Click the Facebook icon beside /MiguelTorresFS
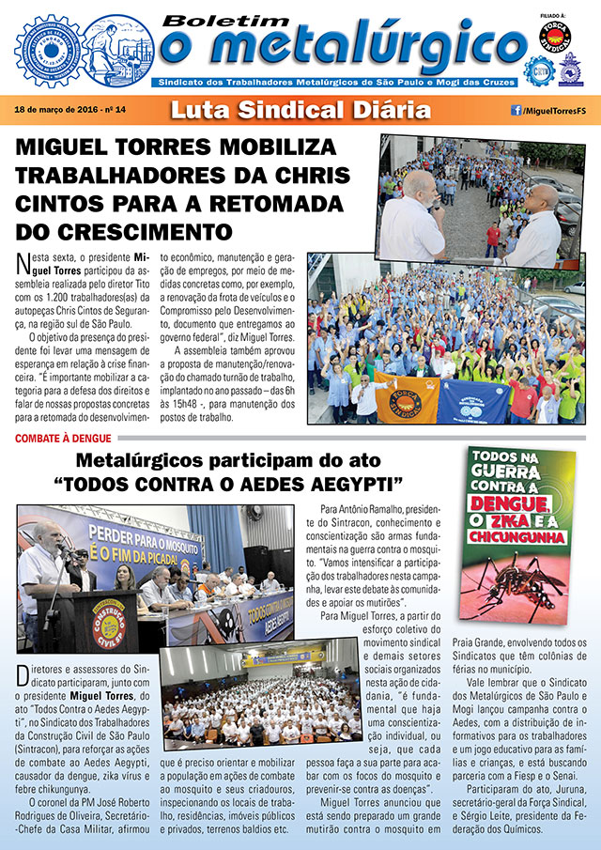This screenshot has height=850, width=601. coord(516,110)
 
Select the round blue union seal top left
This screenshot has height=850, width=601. coord(52,49)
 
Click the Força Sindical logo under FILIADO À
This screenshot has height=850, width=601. coord(555,38)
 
